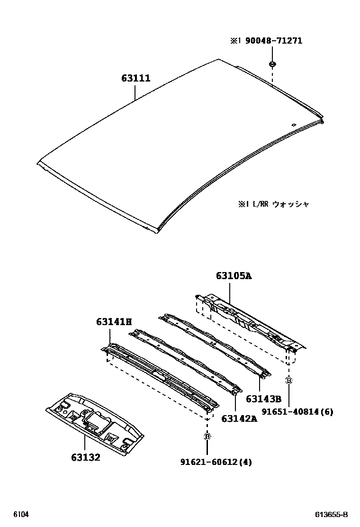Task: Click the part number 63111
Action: pos(135,78)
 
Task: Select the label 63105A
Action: pos(234,276)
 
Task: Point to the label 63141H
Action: pos(114,322)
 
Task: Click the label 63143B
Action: pos(264,399)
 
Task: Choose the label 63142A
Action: pos(239,418)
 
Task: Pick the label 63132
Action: pos(86,458)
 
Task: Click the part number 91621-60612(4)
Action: pos(216,462)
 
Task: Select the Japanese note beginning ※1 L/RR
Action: pos(274,204)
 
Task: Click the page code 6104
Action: pos(20,515)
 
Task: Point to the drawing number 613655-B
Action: pos(332,515)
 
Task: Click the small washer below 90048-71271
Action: pos(273,64)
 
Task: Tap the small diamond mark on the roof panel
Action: pos(294,125)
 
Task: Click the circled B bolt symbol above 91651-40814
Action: pos(288,380)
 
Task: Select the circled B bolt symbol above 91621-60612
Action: pos(207,436)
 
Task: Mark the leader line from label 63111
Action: pos(135,92)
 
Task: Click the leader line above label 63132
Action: pos(85,444)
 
